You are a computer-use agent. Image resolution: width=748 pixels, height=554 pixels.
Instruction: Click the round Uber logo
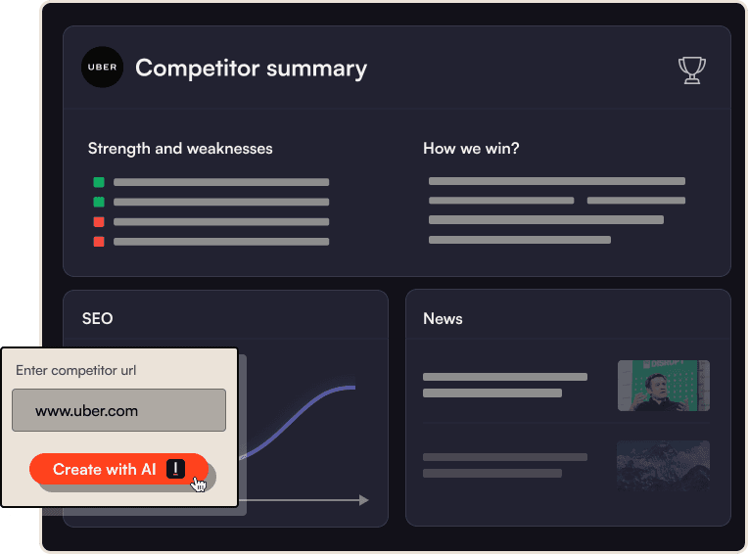(x=102, y=68)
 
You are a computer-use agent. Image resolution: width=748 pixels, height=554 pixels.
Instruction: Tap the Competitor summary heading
(x=251, y=69)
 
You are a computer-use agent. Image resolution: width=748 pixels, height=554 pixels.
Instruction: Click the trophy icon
(x=692, y=69)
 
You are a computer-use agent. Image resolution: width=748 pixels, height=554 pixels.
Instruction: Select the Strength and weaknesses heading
(x=180, y=149)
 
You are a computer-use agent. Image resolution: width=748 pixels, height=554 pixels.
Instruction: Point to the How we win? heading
(x=471, y=149)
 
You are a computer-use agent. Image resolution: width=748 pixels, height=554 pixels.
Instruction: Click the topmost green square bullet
(x=99, y=182)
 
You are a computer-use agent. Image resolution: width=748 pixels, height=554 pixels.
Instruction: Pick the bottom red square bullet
(x=99, y=242)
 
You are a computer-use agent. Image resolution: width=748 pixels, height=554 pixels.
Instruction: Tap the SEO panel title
(x=97, y=318)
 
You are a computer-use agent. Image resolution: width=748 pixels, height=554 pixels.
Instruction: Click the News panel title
(x=443, y=318)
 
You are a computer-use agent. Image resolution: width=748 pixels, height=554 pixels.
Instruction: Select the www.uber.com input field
(x=118, y=411)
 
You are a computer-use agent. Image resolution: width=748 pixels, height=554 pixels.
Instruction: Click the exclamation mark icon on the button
(x=175, y=469)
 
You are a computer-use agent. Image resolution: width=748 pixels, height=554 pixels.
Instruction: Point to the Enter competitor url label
(x=76, y=370)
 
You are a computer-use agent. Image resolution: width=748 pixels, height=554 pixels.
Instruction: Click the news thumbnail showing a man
(x=663, y=386)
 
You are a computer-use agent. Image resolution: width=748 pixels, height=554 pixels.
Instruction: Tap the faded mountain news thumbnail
(x=663, y=464)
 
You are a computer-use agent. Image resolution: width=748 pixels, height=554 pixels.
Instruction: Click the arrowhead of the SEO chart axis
(x=363, y=500)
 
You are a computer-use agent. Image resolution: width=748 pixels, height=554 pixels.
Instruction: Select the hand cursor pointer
(x=200, y=484)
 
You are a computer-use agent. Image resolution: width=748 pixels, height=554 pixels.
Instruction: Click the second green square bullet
(x=99, y=202)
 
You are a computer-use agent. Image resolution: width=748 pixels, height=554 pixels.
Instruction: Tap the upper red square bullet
(x=99, y=222)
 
